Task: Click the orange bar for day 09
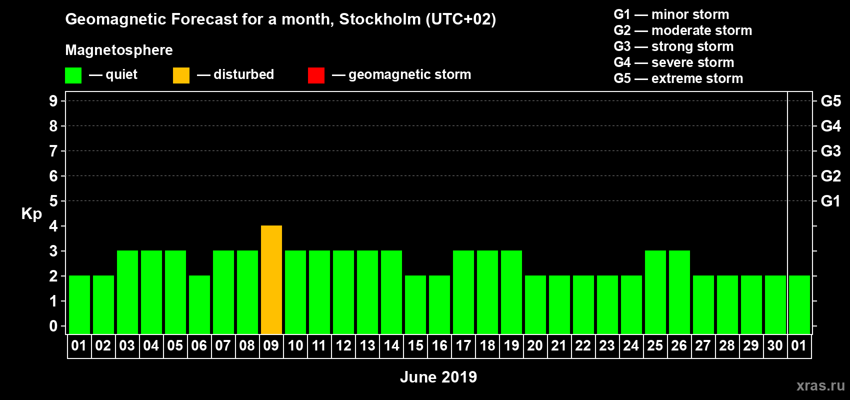271,280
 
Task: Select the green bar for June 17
463,292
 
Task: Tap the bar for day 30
775,305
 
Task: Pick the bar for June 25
655,292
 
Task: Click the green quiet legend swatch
73,75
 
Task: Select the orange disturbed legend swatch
181,75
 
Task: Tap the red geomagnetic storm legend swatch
316,75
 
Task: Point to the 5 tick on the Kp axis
53,201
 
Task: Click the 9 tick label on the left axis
53,101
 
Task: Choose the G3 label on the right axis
830,151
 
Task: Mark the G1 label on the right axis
830,201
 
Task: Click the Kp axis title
31,214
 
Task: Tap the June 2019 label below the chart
438,377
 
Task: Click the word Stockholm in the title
380,19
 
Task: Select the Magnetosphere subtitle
119,50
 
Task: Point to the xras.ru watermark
820,385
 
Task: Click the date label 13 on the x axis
367,346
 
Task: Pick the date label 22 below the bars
583,346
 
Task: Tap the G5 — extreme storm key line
678,78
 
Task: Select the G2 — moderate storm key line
682,30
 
